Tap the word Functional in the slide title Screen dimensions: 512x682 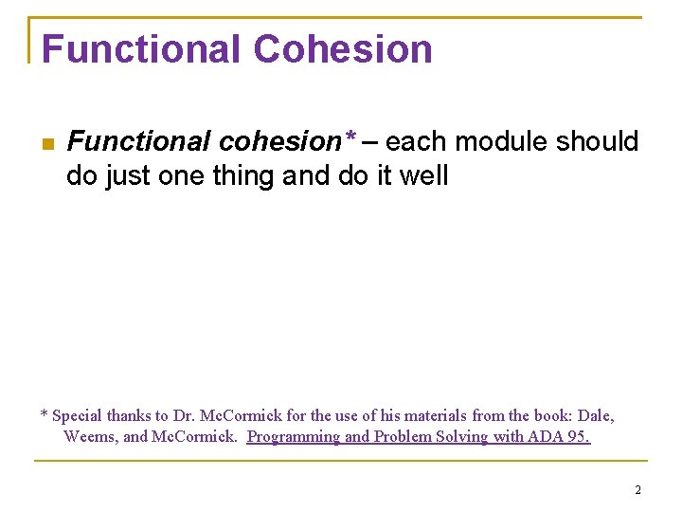[140, 49]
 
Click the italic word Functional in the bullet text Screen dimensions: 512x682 [139, 142]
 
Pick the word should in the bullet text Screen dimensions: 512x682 [598, 142]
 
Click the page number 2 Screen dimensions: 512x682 [637, 490]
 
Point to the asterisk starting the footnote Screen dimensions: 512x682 [44, 415]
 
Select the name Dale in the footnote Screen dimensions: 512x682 [596, 416]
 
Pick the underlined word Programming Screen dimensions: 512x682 [293, 437]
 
